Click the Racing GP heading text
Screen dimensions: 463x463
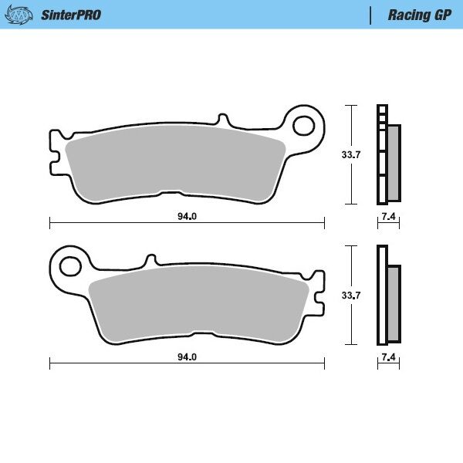(x=419, y=15)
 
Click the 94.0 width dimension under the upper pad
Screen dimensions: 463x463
(x=187, y=217)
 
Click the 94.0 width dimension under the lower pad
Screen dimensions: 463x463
(x=187, y=357)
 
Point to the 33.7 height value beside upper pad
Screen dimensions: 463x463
(x=351, y=154)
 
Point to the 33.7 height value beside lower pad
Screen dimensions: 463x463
(x=351, y=295)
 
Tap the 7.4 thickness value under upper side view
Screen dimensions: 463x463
(x=388, y=217)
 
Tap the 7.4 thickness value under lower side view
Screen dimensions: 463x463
(x=388, y=357)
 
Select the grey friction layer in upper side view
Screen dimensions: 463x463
(x=393, y=162)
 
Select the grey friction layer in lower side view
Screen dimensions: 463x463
(x=394, y=303)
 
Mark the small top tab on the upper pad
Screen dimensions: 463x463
(x=224, y=120)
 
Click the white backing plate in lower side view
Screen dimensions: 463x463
(x=380, y=295)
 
